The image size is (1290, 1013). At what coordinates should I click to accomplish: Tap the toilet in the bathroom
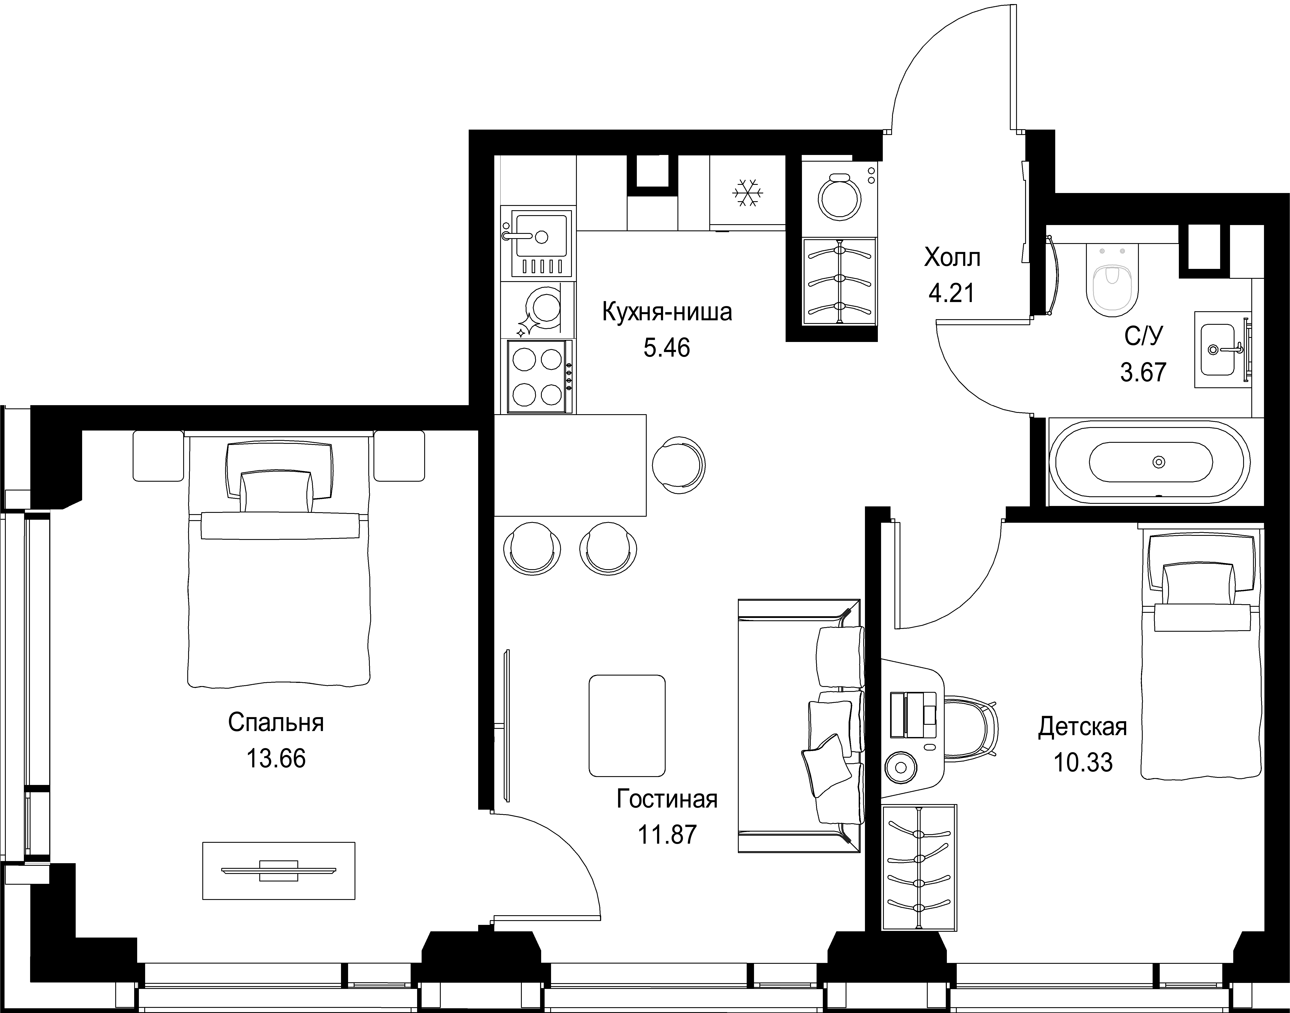[x=1112, y=279]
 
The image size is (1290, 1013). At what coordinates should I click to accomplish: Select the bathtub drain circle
[x=1158, y=462]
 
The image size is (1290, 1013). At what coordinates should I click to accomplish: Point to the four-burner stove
[x=540, y=377]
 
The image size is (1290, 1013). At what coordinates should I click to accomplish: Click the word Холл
[x=952, y=258]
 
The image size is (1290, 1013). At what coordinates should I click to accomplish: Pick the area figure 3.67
[x=1143, y=372]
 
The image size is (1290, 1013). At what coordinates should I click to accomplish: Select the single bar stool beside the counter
[x=679, y=464]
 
